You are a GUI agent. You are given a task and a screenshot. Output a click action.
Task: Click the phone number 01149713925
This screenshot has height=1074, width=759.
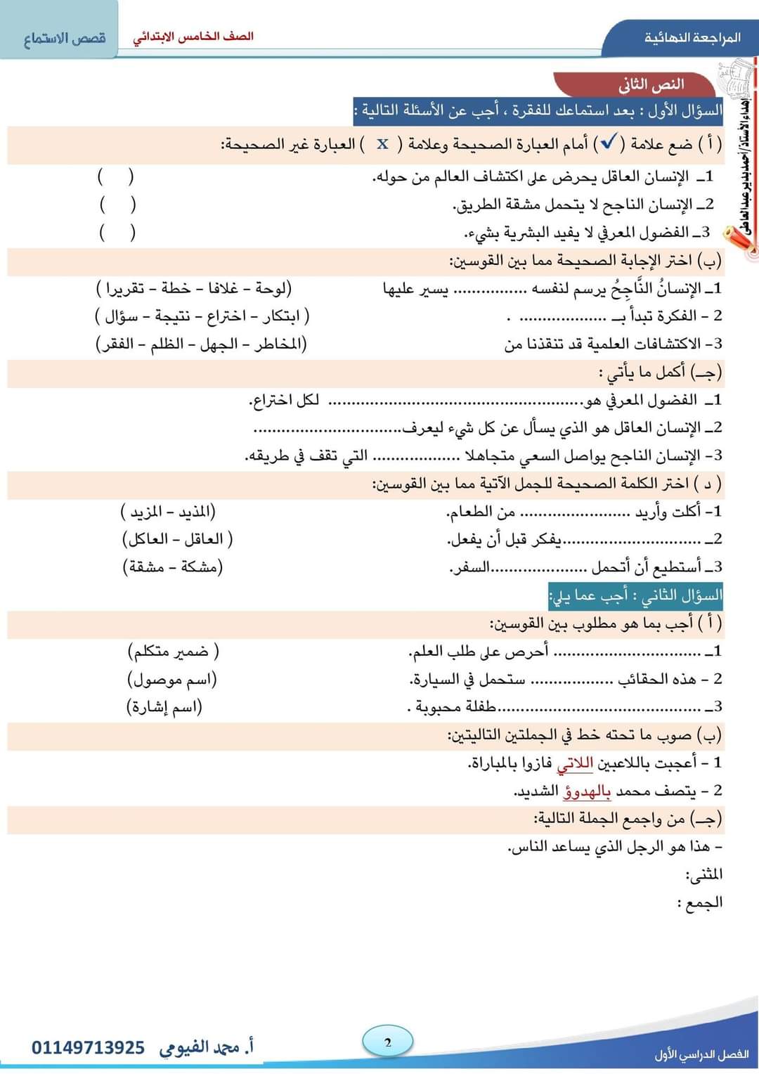coord(88,1048)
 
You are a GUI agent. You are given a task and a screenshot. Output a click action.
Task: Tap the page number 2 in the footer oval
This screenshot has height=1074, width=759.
coord(388,1042)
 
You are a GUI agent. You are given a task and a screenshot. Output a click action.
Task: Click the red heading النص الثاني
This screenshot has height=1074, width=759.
coord(651,84)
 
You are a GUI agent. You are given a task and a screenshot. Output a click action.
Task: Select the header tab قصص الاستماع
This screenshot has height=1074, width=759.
coord(64,38)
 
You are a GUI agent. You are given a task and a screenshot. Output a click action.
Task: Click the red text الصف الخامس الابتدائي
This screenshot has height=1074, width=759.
coord(193,37)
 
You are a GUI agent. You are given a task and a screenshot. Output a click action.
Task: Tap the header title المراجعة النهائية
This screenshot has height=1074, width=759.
coord(692,37)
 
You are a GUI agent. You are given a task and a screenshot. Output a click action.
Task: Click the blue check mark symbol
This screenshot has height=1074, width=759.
coord(606,143)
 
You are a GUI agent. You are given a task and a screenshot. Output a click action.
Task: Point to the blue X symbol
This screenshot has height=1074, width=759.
coord(382,144)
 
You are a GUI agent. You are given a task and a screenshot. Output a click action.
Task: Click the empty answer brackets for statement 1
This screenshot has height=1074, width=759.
coord(116,176)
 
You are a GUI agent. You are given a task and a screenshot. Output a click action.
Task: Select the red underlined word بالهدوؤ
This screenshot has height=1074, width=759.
coord(588,791)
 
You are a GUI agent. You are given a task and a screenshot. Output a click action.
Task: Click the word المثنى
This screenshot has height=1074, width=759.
coord(705,874)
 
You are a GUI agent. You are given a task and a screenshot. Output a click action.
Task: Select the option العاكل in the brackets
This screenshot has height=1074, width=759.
coord(148,539)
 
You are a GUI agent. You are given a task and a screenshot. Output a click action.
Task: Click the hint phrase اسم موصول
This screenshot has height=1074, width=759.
coord(172,680)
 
